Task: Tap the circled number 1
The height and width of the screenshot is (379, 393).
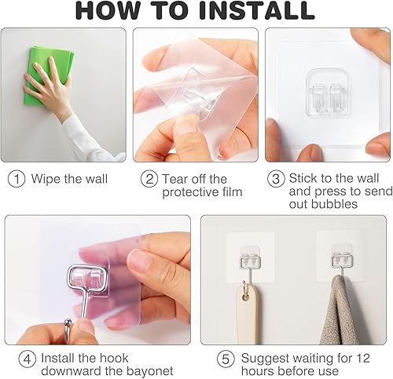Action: [x=17, y=178]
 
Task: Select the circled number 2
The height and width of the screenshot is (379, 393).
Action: [x=149, y=179]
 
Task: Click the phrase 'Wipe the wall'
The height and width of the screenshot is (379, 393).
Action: [x=68, y=178]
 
